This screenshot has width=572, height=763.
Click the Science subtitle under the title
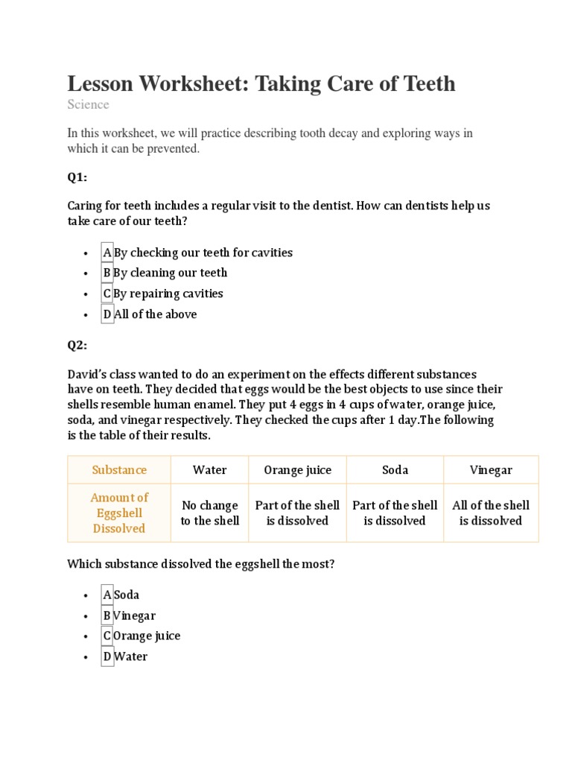pyautogui.click(x=88, y=104)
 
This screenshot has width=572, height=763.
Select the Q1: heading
pyautogui.click(x=77, y=177)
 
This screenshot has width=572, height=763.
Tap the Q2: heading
pyautogui.click(x=77, y=345)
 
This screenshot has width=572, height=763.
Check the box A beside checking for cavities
pyautogui.click(x=107, y=253)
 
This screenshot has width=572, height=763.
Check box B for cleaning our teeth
pyautogui.click(x=107, y=273)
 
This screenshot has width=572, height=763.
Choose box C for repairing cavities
pyautogui.click(x=107, y=294)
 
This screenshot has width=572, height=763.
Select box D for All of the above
pyautogui.click(x=107, y=314)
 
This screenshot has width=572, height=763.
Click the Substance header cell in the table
pyautogui.click(x=119, y=470)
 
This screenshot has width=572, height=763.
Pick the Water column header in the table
pyautogui.click(x=209, y=470)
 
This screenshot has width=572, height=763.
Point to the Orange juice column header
pyautogui.click(x=297, y=470)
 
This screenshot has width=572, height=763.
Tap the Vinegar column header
pyautogui.click(x=491, y=470)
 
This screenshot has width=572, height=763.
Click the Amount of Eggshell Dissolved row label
pyautogui.click(x=119, y=513)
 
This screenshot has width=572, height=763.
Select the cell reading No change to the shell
pyautogui.click(x=209, y=513)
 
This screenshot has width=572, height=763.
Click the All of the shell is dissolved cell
pyautogui.click(x=491, y=513)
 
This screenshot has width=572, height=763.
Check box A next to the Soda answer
pyautogui.click(x=107, y=595)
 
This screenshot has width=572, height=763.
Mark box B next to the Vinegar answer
pyautogui.click(x=107, y=615)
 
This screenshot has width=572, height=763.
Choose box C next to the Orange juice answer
pyautogui.click(x=107, y=636)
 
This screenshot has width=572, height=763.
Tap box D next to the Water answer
pyautogui.click(x=107, y=656)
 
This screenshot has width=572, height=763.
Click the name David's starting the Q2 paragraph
pyautogui.click(x=86, y=374)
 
